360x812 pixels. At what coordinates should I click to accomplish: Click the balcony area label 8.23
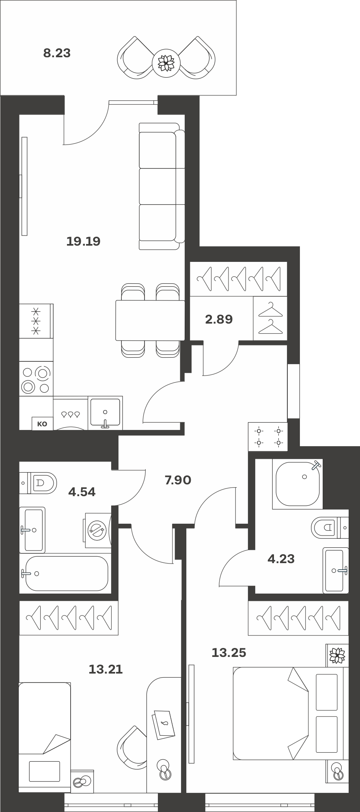pyautogui.click(x=57, y=53)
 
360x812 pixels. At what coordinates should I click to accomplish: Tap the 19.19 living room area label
pyautogui.click(x=83, y=242)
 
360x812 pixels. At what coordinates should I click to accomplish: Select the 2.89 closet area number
pyautogui.click(x=219, y=320)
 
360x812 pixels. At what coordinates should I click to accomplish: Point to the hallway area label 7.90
pyautogui.click(x=178, y=480)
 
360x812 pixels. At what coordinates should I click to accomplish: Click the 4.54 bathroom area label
pyautogui.click(x=82, y=492)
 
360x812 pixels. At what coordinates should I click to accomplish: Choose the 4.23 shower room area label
pyautogui.click(x=281, y=559)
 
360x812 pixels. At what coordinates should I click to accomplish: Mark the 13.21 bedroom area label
pyautogui.click(x=106, y=669)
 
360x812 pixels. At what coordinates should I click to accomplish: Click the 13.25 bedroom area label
pyautogui.click(x=229, y=653)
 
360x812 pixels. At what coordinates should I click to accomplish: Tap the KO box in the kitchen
pyautogui.click(x=42, y=424)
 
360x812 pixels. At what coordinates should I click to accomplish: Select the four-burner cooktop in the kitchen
pyautogui.click(x=37, y=380)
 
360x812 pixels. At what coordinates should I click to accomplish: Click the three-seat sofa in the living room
pyautogui.click(x=162, y=186)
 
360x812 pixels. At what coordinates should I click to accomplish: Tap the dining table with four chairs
pyautogui.click(x=150, y=320)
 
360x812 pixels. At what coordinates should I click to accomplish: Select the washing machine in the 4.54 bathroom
pyautogui.click(x=98, y=530)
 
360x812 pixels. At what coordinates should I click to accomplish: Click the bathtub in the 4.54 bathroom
pyautogui.click(x=65, y=574)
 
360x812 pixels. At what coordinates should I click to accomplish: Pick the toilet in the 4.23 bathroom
pyautogui.click(x=330, y=527)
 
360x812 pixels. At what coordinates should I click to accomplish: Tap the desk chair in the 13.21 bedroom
pyautogui.click(x=132, y=745)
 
